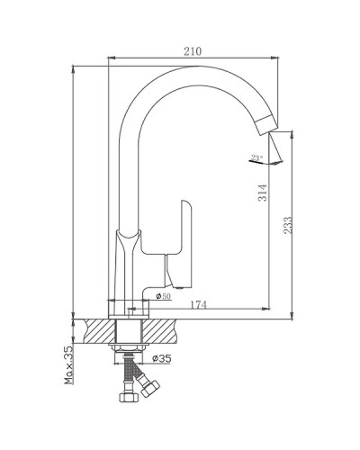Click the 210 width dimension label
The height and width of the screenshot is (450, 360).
coord(193,51)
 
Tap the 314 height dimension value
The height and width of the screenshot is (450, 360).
coord(263,193)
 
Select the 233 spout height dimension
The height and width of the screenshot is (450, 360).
coord(287,225)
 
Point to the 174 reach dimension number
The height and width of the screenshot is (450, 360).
coord(198,305)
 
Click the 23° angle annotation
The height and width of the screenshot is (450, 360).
coord(257,157)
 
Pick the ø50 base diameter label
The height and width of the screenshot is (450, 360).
coord(163,296)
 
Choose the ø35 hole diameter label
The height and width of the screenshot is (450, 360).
coord(162,358)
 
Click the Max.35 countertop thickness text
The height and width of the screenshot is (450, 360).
coord(68,365)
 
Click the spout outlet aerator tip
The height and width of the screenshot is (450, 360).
coord(267,125)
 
